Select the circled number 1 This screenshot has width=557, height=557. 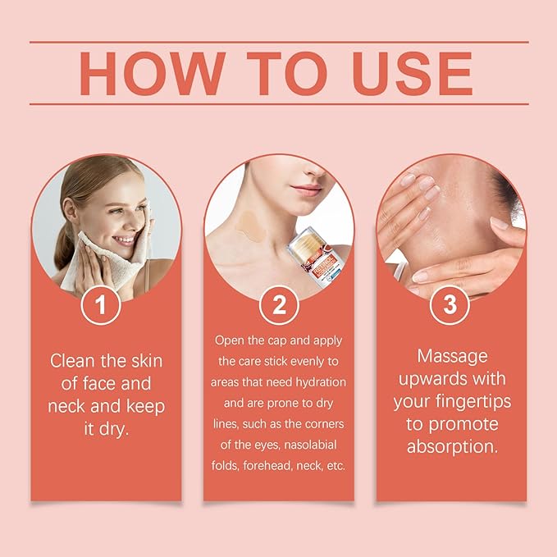click(x=102, y=305)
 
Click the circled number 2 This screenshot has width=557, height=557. click(x=279, y=305)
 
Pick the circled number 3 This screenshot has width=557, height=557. click(x=450, y=305)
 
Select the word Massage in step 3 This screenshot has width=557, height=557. click(x=450, y=356)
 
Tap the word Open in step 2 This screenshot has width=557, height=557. click(x=231, y=339)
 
